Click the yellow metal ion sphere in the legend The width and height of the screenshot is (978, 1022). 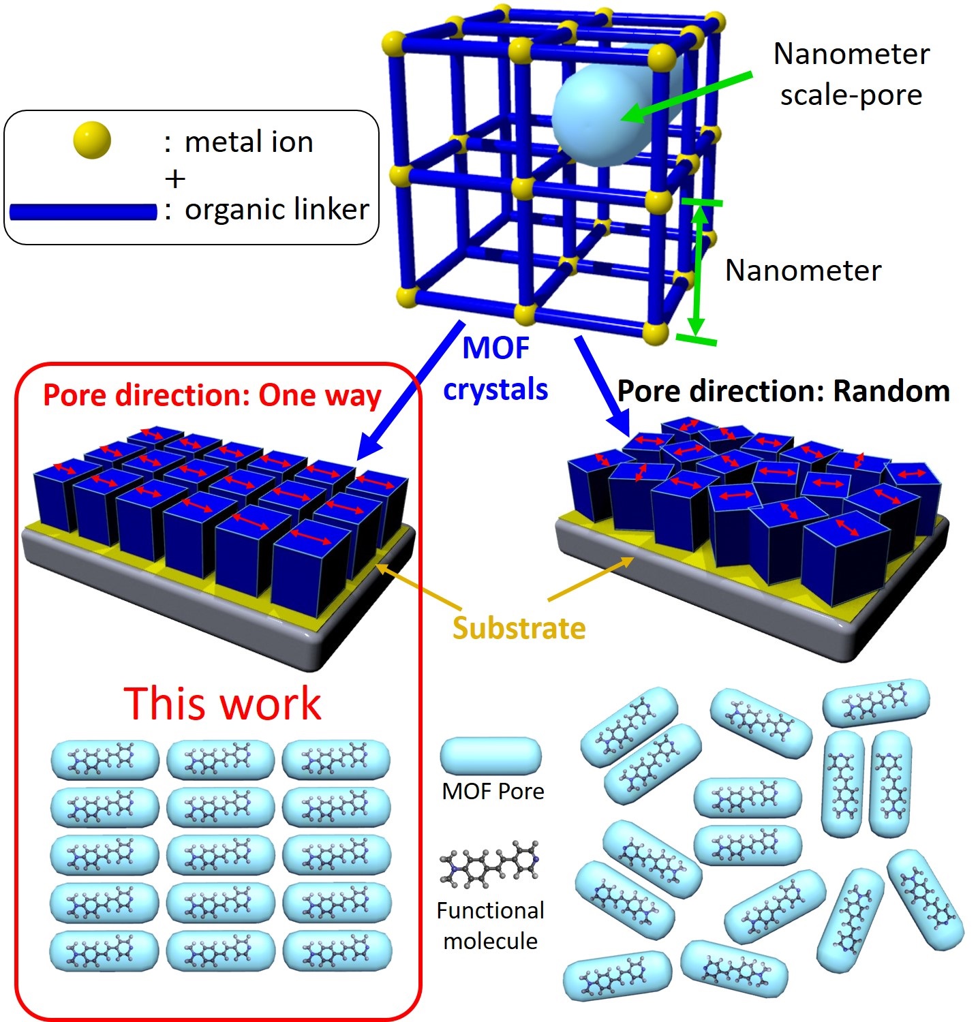pyautogui.click(x=92, y=140)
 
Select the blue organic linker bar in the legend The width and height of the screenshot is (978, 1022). pyautogui.click(x=83, y=212)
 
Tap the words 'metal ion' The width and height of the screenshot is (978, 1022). pyautogui.click(x=249, y=142)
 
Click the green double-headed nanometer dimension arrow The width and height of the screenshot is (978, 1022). pyautogui.click(x=697, y=270)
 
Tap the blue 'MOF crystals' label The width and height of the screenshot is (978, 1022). pyautogui.click(x=496, y=369)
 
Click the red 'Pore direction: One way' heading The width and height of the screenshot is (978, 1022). pyautogui.click(x=211, y=395)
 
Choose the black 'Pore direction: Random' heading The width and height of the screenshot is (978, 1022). pyautogui.click(x=783, y=392)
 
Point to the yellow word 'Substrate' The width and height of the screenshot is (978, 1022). pyautogui.click(x=519, y=628)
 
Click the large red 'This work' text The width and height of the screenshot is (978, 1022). pyautogui.click(x=222, y=703)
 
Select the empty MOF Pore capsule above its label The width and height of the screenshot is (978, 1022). pyautogui.click(x=491, y=756)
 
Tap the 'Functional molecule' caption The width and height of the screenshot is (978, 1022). pyautogui.click(x=491, y=925)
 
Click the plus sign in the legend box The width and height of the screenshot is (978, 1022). pyautogui.click(x=175, y=179)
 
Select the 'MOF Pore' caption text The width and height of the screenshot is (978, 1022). pyautogui.click(x=493, y=791)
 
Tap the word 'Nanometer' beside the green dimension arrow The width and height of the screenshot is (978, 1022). pyautogui.click(x=803, y=270)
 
